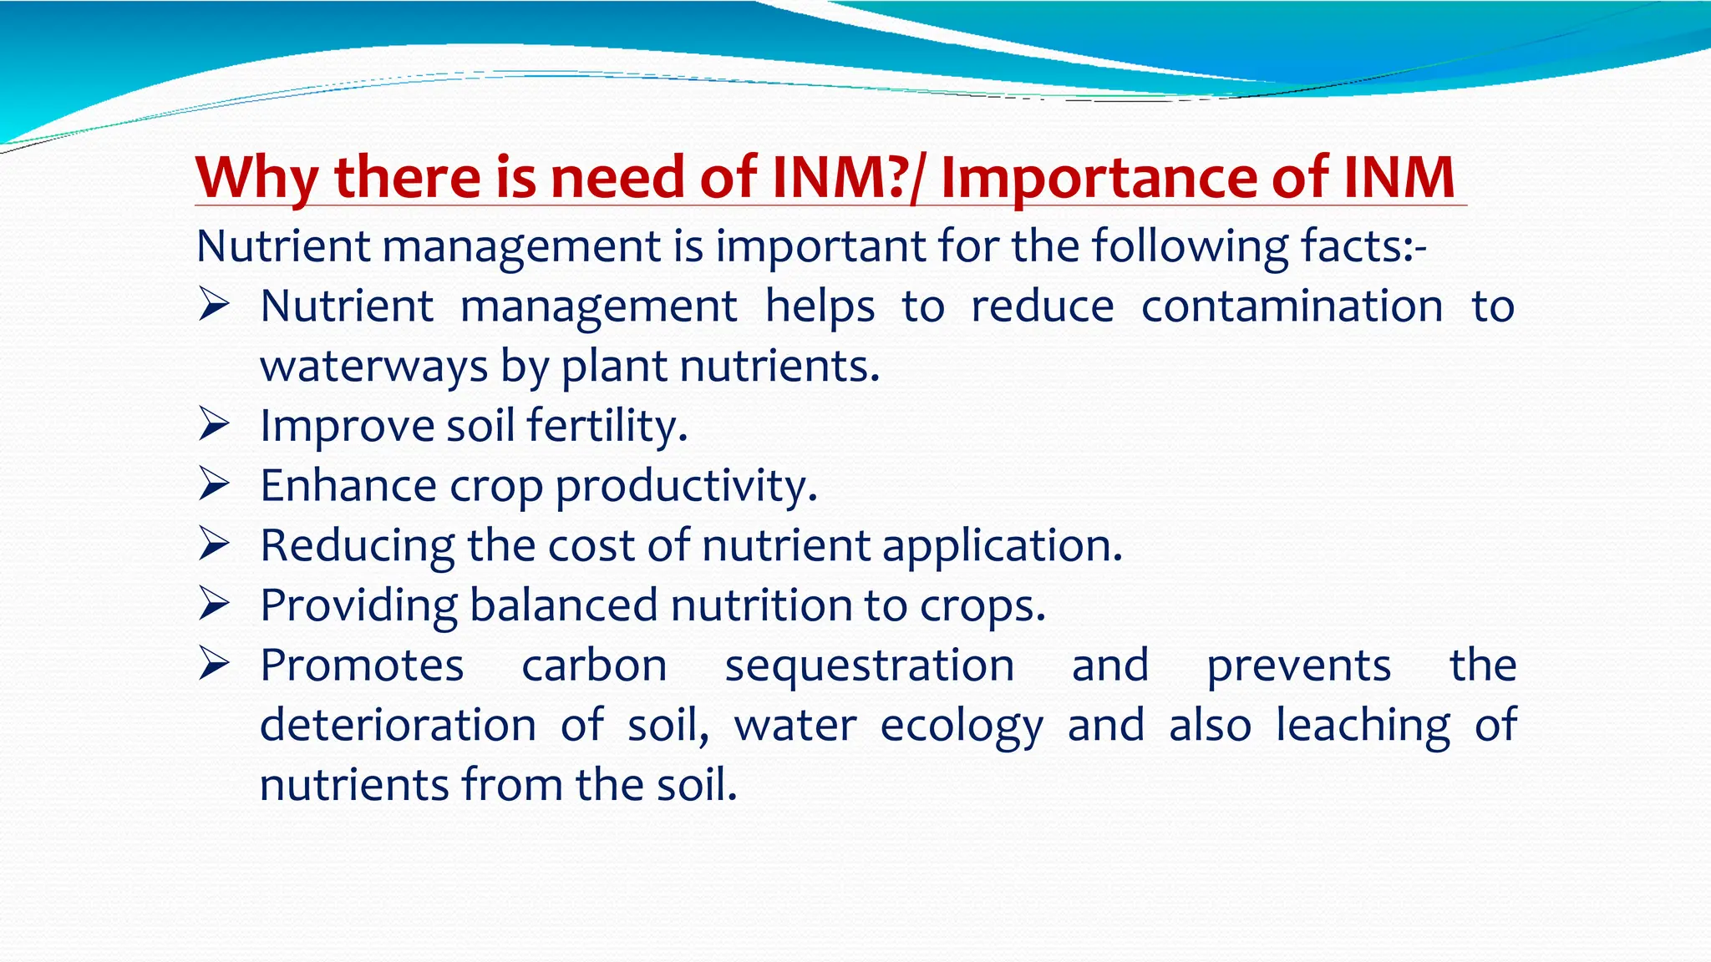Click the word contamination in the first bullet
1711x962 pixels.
(x=1292, y=306)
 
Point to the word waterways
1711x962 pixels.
(x=373, y=367)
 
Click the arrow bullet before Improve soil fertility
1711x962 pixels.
(x=214, y=425)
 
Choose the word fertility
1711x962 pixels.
(x=607, y=426)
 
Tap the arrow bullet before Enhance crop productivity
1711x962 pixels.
(x=214, y=485)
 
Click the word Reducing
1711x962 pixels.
(x=357, y=546)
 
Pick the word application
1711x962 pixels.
(x=1002, y=546)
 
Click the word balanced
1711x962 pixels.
(x=563, y=605)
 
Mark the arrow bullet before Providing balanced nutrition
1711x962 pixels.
(x=214, y=605)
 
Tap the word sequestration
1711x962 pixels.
(x=870, y=666)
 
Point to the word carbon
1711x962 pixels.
(x=594, y=666)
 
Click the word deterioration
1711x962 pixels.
(x=398, y=725)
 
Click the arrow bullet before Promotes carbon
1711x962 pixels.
(x=214, y=665)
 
